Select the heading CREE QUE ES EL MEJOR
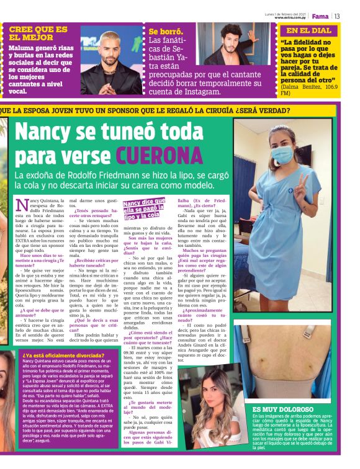point(38,33)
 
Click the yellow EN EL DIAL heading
point(308,30)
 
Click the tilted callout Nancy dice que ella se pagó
point(144,208)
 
